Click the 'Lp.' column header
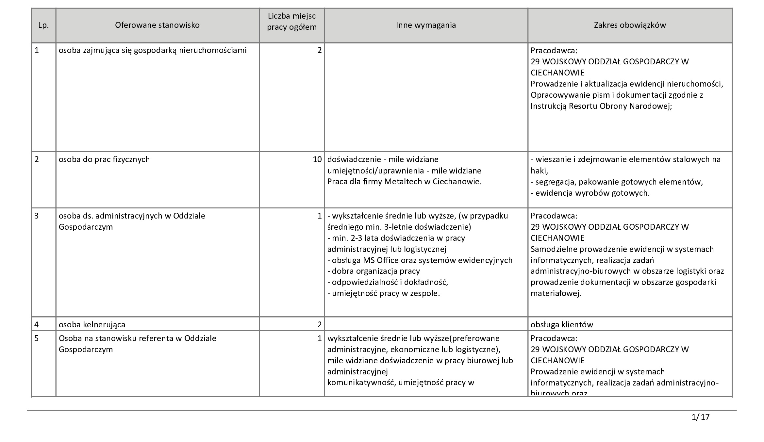(43, 25)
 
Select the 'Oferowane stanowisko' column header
(157, 25)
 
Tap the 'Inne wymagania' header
(426, 25)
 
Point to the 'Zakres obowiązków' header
(630, 25)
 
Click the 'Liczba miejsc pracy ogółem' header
(292, 21)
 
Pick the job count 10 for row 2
(317, 159)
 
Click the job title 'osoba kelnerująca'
(92, 324)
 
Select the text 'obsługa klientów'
(561, 324)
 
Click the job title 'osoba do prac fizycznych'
(104, 159)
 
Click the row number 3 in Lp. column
(37, 216)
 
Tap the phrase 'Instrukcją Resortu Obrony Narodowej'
(601, 106)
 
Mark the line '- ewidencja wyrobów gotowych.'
(590, 193)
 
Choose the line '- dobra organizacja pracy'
(374, 271)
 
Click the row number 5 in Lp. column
(37, 338)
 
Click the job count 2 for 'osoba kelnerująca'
(319, 324)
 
